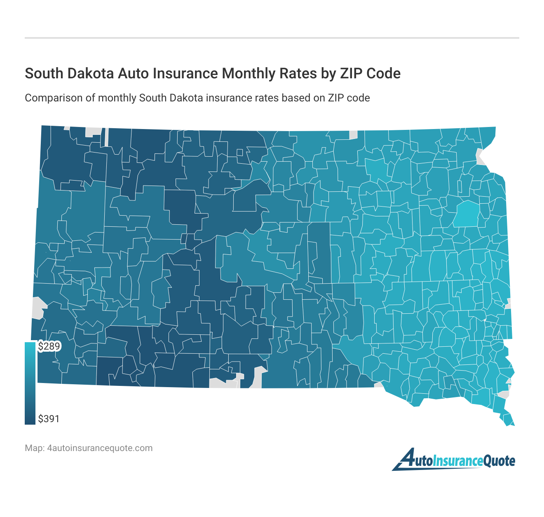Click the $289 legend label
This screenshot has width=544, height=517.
point(49,346)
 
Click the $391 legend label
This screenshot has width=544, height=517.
point(49,419)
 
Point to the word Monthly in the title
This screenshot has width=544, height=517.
point(251,73)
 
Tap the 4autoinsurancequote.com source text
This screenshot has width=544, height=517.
point(100,448)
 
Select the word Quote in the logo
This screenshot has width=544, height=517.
point(499,461)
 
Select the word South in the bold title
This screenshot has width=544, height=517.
point(42,73)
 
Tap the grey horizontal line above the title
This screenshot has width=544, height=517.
point(272,38)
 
